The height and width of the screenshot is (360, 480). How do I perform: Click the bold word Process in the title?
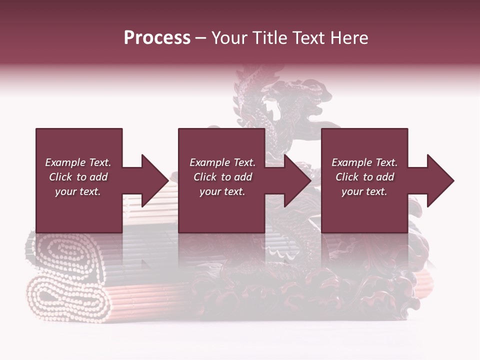(x=157, y=38)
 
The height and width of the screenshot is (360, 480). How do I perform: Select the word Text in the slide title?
(x=308, y=38)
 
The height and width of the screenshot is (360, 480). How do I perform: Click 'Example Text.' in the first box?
(x=78, y=162)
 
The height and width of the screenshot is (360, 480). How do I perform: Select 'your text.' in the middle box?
(x=222, y=191)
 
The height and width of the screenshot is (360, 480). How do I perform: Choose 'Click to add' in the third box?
(x=364, y=177)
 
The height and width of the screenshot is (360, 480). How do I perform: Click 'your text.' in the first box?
(x=78, y=191)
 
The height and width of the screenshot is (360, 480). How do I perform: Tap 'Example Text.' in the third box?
(x=364, y=162)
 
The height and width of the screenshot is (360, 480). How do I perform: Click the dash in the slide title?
(x=201, y=38)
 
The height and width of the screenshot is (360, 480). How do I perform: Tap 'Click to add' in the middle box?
(x=222, y=177)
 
